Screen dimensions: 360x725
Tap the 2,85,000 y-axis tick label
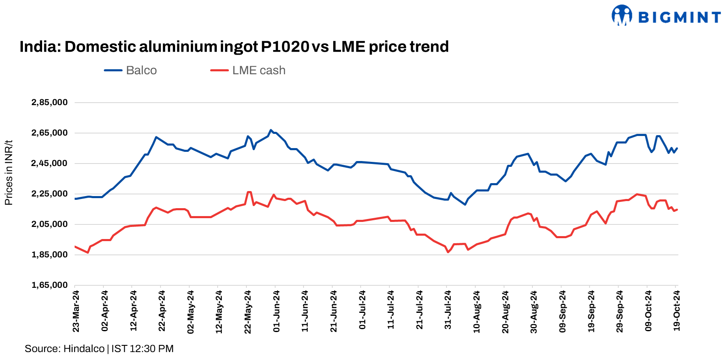click(x=50, y=103)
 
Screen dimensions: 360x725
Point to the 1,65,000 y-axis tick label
click(x=50, y=285)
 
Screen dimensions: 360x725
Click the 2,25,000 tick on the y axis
click(x=50, y=194)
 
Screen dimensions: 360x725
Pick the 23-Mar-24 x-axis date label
click(x=76, y=311)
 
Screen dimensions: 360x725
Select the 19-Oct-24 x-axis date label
click(x=677, y=311)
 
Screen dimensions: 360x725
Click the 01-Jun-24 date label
click(x=276, y=311)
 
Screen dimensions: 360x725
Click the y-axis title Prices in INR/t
click(x=9, y=173)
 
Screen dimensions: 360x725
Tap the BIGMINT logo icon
click(x=622, y=15)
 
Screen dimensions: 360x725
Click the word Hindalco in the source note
click(x=84, y=349)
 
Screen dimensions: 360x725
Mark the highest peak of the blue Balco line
click(x=271, y=130)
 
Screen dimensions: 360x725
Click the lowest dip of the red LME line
click(x=448, y=252)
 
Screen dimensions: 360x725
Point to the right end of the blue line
click(x=677, y=148)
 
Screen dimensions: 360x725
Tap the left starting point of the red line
click(x=75, y=247)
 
